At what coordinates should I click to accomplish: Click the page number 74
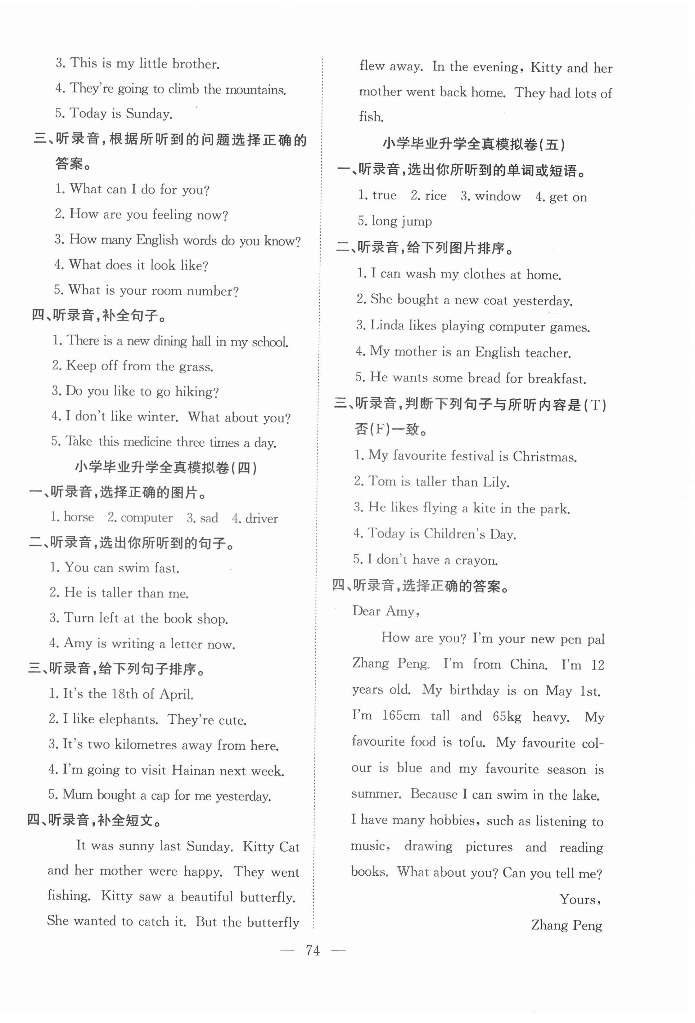coord(312,950)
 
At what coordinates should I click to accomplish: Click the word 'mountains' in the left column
coord(255,90)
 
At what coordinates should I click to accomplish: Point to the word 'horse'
coord(79,517)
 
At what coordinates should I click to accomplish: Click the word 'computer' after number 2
coord(146,518)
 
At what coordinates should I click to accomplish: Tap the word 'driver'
coord(261,519)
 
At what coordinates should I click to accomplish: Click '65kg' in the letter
coord(507,716)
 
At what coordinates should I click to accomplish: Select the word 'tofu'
coord(471,742)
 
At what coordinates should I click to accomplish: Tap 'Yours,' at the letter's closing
coord(580,899)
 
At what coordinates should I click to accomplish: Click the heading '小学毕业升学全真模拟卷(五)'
coord(473,144)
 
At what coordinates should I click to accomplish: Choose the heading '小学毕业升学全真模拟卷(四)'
coord(166,467)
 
